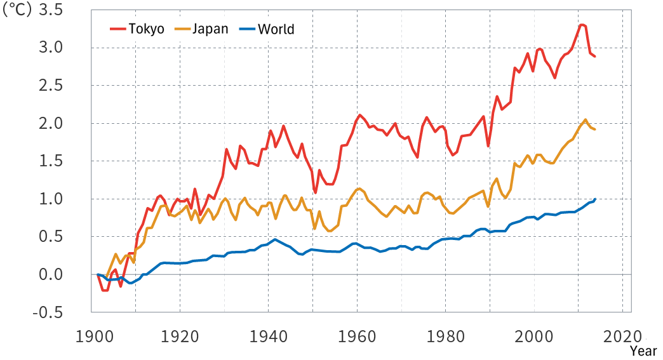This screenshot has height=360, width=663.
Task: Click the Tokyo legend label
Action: [x=146, y=29]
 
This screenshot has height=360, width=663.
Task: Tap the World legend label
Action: [x=276, y=29]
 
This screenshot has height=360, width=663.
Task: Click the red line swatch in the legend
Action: [x=119, y=29]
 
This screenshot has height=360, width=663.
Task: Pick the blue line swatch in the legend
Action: [x=248, y=29]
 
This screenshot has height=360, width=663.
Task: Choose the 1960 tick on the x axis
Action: [x=357, y=336]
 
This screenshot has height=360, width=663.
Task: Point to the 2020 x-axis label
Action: [x=622, y=336]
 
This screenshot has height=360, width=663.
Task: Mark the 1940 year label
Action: [x=269, y=336]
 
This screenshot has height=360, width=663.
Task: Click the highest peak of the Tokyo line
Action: [x=581, y=25]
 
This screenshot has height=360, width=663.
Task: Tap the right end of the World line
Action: [x=595, y=199]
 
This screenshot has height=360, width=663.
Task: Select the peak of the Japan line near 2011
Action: [x=586, y=119]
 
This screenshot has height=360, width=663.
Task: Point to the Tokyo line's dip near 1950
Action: [x=315, y=192]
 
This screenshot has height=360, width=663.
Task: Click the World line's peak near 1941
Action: [x=275, y=239]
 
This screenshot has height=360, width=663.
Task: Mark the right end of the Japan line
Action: [x=594, y=130]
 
